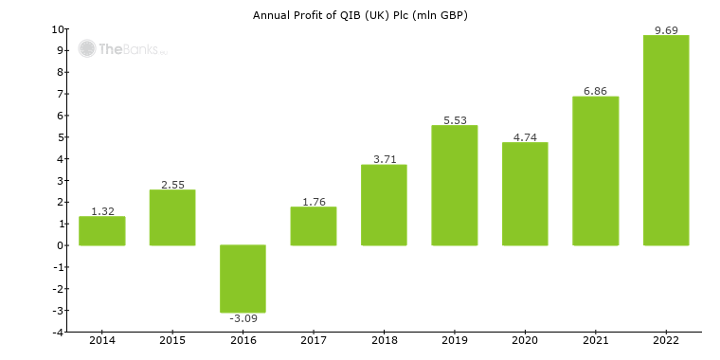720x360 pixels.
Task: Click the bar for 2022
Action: point(665,140)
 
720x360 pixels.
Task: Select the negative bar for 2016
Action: point(243,279)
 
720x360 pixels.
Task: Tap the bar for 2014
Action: point(101,231)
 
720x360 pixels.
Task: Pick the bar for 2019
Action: point(454,186)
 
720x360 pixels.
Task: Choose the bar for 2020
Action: point(525,194)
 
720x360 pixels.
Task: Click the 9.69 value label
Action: point(665,30)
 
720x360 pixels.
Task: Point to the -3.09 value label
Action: point(243,318)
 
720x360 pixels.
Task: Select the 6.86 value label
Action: point(595,91)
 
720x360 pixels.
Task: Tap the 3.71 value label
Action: point(384,159)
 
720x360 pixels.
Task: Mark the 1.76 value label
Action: point(314,202)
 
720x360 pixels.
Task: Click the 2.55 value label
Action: point(172,185)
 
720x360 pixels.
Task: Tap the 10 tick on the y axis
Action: point(58,29)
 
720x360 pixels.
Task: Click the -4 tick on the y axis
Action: point(58,333)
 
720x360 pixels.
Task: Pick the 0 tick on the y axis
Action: point(60,245)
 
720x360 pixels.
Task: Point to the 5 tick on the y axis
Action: point(60,137)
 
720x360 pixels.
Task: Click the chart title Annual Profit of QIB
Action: point(360,15)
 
